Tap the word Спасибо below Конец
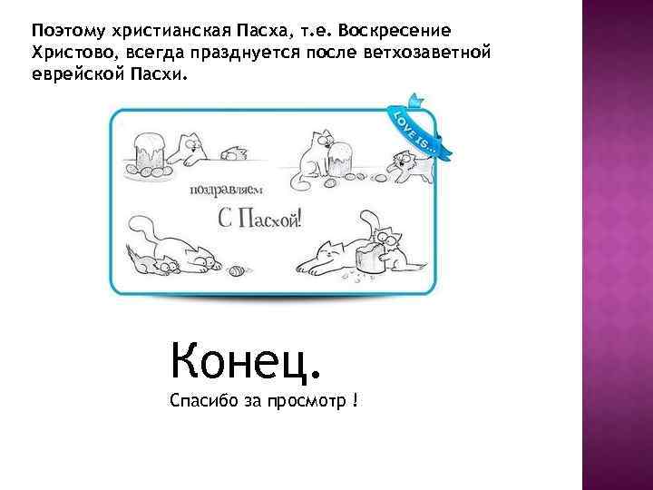(200, 401)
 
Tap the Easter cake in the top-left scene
(146, 152)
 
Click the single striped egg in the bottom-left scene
(237, 269)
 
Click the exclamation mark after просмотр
(355, 401)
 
